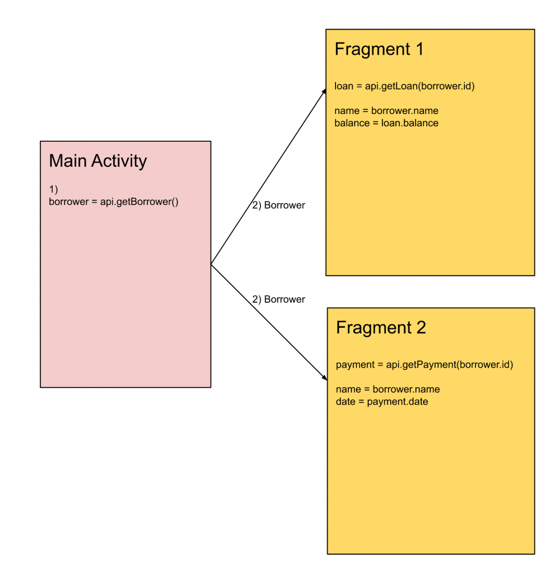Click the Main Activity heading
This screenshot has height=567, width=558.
98,161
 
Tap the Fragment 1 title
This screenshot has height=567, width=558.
379,49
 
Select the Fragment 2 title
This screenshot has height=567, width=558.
381,328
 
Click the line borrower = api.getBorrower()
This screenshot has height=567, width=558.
113,202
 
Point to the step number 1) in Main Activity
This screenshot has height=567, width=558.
54,190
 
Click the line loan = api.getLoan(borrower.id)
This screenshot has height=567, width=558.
405,86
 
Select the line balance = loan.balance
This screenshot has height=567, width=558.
386,123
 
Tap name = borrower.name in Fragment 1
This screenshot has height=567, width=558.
386,111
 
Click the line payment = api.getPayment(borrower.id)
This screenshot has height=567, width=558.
425,365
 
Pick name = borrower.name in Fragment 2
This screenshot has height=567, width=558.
387,389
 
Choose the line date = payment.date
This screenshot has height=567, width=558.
382,401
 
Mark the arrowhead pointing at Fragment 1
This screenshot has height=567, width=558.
324,91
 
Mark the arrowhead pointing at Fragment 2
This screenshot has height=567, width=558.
324,377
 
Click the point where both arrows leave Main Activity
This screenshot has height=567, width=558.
211,265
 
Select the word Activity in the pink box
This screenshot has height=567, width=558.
119,161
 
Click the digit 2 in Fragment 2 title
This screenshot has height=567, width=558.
420,328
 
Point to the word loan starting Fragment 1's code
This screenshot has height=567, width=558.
343,86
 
